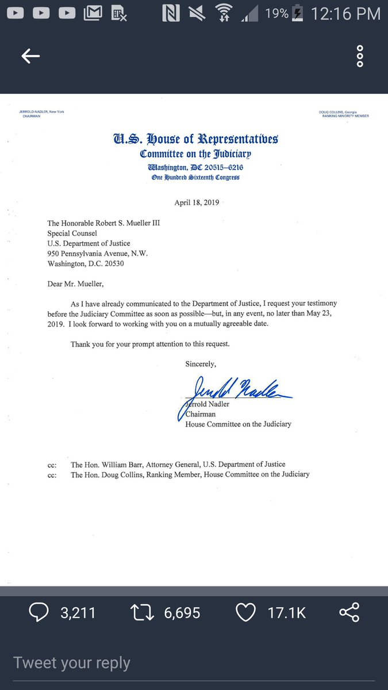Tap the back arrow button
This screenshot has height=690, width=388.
click(30, 56)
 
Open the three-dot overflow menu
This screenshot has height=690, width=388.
click(360, 56)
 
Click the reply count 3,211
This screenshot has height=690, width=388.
click(78, 612)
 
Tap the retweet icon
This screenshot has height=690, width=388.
click(142, 612)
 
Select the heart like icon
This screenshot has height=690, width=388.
click(246, 612)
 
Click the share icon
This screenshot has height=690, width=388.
click(349, 612)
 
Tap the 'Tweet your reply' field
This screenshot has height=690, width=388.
click(72, 662)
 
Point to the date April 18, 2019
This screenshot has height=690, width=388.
click(197, 202)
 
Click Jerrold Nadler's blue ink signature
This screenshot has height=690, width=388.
click(237, 389)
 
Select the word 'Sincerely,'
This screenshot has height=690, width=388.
click(201, 363)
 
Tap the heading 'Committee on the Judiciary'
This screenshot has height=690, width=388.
click(195, 154)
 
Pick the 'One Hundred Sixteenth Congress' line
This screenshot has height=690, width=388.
click(195, 178)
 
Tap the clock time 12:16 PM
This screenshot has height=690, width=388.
click(345, 13)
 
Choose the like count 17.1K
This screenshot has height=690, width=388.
click(287, 612)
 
